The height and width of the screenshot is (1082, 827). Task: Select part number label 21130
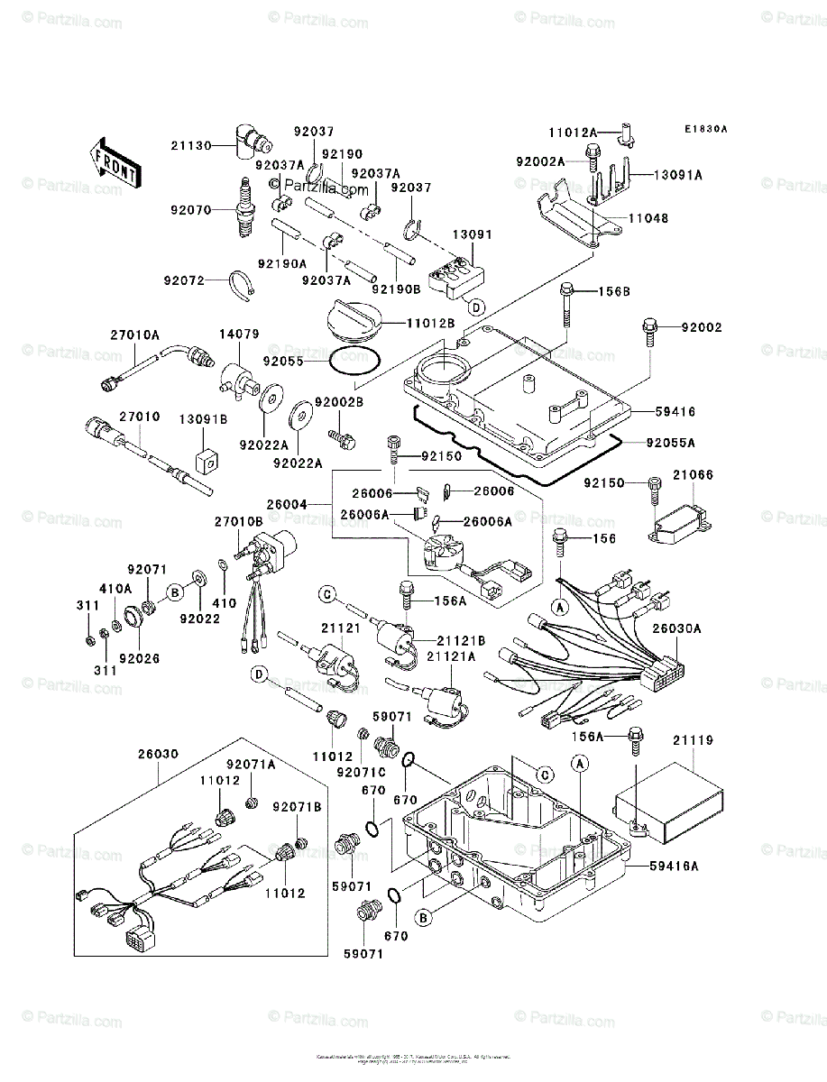click(x=191, y=145)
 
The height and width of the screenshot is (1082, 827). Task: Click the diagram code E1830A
click(x=704, y=129)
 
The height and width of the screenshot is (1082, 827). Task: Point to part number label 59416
click(x=675, y=410)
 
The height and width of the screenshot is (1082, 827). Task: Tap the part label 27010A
click(x=135, y=335)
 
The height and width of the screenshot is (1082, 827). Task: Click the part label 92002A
click(x=541, y=161)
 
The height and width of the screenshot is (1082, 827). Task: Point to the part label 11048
click(x=649, y=218)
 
